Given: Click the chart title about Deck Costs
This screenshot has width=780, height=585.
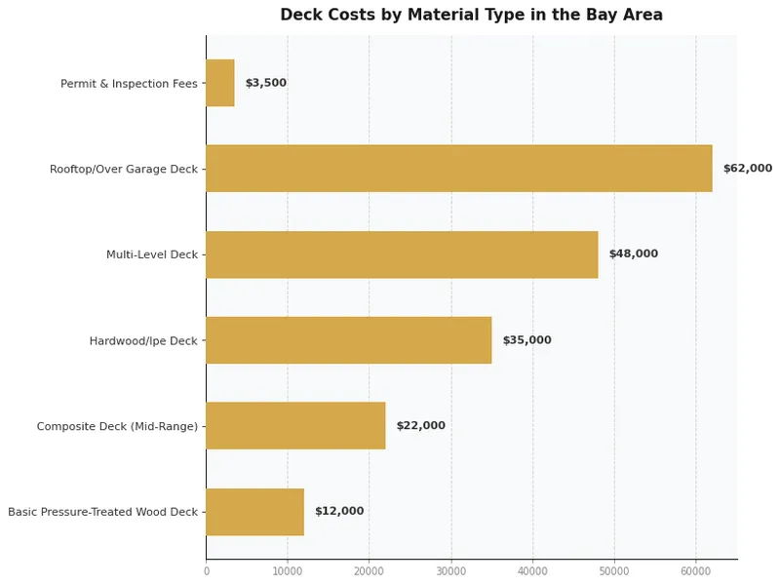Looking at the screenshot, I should point(471,16).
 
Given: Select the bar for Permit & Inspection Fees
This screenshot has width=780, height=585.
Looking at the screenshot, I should point(220,83).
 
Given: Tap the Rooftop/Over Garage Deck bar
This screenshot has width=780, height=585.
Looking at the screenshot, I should point(458,169).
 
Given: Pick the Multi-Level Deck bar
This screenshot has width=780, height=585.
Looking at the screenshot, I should point(402,254).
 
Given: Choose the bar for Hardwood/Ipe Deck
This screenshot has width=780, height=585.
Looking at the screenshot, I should point(348,340).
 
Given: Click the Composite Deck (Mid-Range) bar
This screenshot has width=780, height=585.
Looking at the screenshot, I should point(295,426).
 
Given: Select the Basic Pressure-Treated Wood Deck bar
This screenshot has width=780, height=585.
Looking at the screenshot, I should point(254,512).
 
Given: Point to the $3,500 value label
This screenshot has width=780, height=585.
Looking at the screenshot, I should point(265,84).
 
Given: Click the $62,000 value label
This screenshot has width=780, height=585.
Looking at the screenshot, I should point(747,169).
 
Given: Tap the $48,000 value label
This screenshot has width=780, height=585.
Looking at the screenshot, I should point(633,254).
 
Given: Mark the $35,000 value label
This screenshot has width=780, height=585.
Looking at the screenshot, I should point(526,340).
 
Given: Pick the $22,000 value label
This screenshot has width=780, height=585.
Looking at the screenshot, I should point(420,426).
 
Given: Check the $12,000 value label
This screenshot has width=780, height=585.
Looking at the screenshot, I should point(338,512).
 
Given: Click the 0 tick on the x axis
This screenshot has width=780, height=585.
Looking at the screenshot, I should point(206,571).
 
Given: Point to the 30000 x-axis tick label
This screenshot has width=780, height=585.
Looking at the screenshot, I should point(450,571).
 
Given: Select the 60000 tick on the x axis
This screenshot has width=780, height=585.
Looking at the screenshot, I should point(695,571).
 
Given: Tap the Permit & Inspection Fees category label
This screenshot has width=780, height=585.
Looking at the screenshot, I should point(129,84).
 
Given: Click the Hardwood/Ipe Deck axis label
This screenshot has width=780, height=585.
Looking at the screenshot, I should point(143,341).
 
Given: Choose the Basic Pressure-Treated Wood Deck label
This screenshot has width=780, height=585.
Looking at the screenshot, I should point(102,512).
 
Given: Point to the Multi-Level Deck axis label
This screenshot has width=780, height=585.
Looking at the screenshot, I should point(152,255).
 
